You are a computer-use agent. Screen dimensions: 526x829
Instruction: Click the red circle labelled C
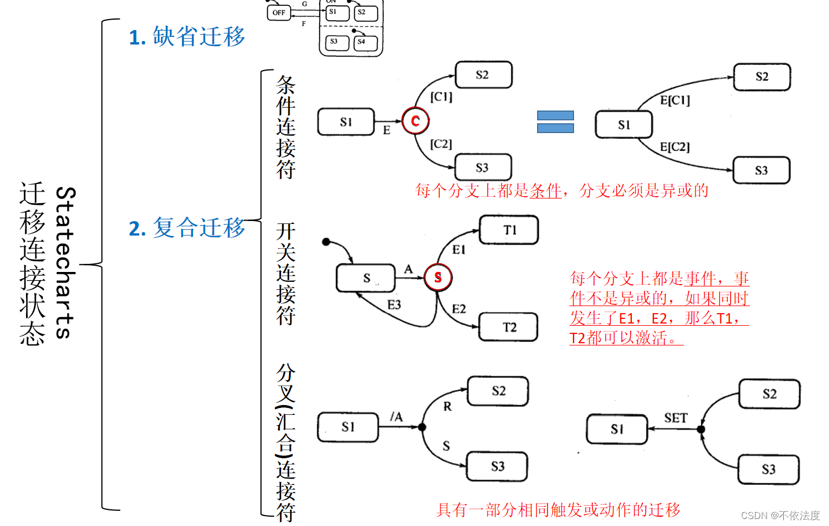click(x=415, y=121)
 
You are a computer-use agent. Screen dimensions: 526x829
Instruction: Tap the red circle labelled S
click(x=438, y=277)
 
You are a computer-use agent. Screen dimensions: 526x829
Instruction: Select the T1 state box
click(x=509, y=230)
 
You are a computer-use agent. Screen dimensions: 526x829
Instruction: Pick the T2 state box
click(x=509, y=328)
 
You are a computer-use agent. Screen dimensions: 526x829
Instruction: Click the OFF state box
click(x=279, y=12)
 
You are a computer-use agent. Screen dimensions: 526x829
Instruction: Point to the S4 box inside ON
click(x=365, y=42)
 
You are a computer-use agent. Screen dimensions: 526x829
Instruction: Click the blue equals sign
click(x=555, y=122)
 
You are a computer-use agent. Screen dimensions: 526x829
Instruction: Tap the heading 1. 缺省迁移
click(x=187, y=37)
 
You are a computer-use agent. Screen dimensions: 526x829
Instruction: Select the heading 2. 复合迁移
click(x=187, y=228)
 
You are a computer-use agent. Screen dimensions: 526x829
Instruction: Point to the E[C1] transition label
click(x=675, y=100)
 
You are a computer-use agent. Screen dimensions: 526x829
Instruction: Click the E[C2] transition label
click(x=675, y=147)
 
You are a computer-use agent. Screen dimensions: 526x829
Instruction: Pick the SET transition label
click(x=675, y=418)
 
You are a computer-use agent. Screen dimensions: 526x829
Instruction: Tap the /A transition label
click(x=396, y=417)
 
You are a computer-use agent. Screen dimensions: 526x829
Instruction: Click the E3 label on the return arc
click(x=394, y=305)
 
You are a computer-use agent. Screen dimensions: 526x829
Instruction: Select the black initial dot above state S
click(x=326, y=241)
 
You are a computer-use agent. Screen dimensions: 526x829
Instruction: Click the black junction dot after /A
click(x=422, y=427)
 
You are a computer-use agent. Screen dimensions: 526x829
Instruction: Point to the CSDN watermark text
click(x=780, y=515)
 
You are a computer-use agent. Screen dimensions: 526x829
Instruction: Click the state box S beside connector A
click(x=365, y=278)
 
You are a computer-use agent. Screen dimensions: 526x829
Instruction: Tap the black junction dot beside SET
click(x=701, y=429)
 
